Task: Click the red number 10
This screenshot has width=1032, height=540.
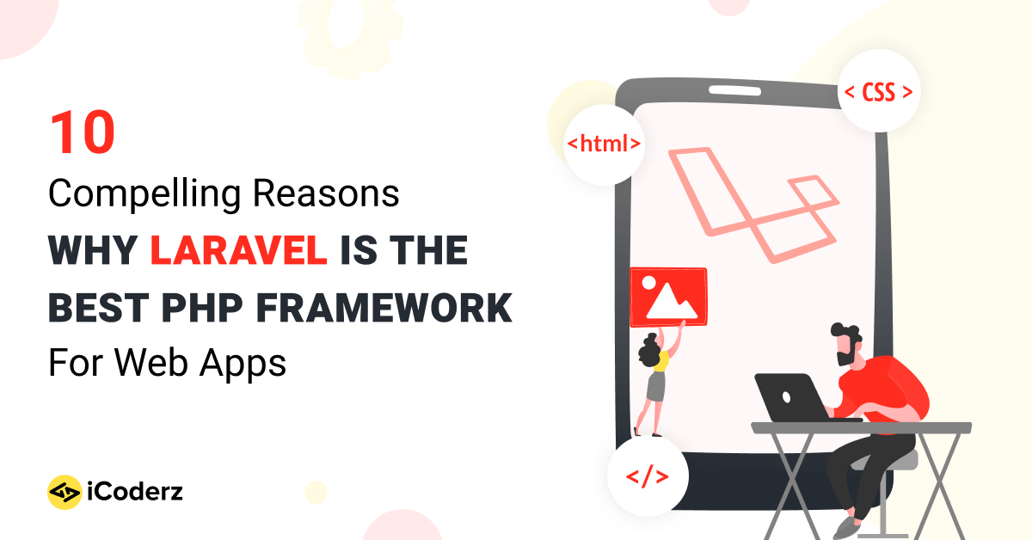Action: click(83, 132)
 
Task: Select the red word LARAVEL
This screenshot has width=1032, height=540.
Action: click(239, 250)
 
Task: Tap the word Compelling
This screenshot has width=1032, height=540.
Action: click(144, 194)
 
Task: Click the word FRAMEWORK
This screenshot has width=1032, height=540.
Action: click(384, 308)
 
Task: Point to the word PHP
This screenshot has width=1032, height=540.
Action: click(202, 308)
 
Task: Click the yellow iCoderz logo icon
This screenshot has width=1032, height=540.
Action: click(64, 492)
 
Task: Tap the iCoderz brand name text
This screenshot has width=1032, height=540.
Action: click(135, 492)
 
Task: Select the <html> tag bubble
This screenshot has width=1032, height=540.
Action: click(604, 144)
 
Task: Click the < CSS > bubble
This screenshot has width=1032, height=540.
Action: click(878, 91)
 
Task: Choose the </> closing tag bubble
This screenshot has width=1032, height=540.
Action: click(648, 476)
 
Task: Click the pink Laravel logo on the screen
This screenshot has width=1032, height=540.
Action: click(753, 205)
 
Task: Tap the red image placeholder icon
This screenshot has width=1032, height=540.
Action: click(668, 297)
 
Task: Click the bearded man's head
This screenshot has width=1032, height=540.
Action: click(846, 344)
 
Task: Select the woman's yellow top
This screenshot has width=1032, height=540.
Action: click(661, 362)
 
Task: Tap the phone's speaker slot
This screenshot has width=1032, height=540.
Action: click(734, 90)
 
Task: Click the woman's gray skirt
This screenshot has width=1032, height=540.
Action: click(656, 386)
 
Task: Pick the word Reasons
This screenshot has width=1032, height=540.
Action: click(326, 193)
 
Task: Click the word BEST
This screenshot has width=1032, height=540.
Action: click(99, 308)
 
